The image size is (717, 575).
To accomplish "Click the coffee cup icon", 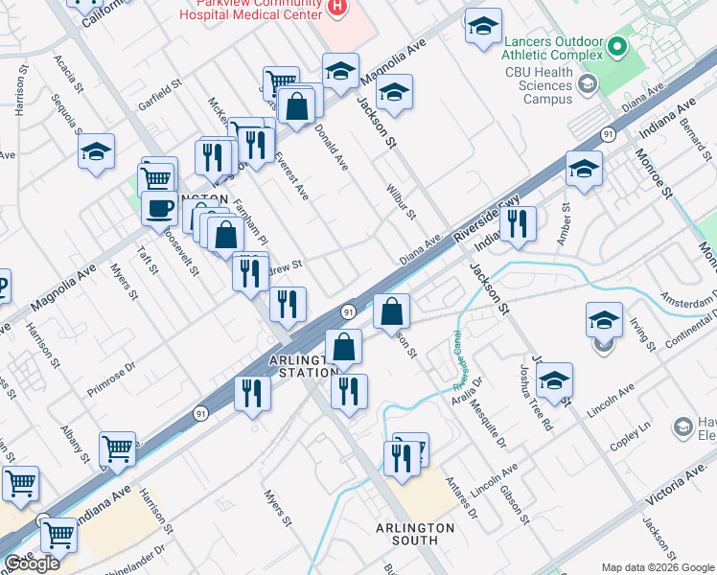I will [159, 207].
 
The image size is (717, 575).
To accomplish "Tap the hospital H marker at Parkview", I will [336, 9].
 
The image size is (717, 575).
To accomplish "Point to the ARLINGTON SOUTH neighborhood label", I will [414, 535].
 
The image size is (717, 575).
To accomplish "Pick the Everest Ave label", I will [291, 175].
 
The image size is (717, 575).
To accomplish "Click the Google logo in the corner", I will [32, 563].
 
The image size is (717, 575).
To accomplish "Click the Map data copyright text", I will [657, 567].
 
